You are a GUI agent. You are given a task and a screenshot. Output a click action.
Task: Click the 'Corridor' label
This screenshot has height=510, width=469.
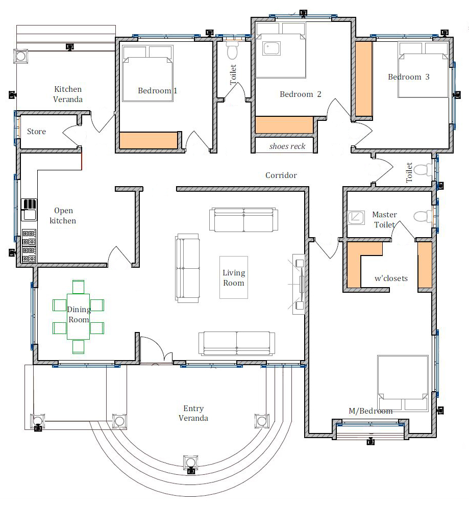point(281,175)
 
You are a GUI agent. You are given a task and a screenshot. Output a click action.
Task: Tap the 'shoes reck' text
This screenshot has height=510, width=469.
point(287,146)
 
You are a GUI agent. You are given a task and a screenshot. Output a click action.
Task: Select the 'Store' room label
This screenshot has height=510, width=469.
point(36,132)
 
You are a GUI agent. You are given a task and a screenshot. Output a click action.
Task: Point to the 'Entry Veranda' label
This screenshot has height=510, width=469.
point(193,413)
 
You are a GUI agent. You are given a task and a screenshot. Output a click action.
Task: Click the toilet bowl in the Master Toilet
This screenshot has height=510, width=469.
point(423,217)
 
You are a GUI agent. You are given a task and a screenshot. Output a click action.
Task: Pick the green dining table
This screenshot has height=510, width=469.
point(79,317)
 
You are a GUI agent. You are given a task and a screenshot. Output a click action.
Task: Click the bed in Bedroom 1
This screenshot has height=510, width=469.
point(147,73)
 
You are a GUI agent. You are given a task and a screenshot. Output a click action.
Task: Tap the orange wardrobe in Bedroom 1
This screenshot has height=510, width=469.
point(149,140)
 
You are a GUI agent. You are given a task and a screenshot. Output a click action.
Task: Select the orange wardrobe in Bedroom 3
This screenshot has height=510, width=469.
point(363,79)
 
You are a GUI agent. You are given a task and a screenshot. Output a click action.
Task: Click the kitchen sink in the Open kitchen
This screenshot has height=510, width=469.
point(29,215)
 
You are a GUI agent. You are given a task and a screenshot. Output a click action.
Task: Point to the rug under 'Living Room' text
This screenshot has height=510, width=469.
point(234,277)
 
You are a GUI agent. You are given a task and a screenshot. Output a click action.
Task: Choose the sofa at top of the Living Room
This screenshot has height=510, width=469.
point(244,220)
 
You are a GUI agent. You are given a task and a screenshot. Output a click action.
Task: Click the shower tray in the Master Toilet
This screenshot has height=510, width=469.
point(356,218)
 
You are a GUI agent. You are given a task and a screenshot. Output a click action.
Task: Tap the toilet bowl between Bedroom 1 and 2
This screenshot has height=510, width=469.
point(232,50)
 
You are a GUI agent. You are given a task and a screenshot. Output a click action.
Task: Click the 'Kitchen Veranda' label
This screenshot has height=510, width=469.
point(68,94)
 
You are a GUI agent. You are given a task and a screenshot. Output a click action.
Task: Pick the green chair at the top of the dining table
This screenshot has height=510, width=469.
point(79,287)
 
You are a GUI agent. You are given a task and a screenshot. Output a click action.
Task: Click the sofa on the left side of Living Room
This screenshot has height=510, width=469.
point(187,268)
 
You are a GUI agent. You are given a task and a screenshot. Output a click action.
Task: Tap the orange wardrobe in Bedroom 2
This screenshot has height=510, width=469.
point(284,125)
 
